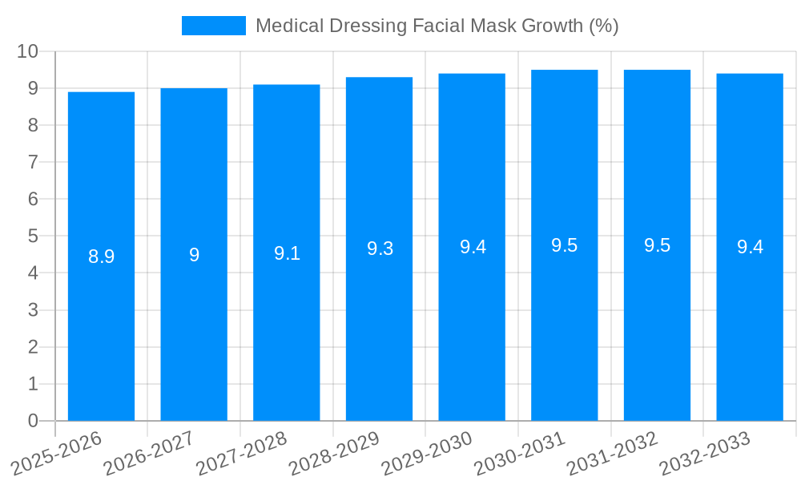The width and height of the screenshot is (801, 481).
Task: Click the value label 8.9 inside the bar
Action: [x=101, y=257]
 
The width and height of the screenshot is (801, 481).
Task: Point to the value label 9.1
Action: [x=287, y=253]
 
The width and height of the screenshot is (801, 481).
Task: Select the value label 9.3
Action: [x=380, y=249]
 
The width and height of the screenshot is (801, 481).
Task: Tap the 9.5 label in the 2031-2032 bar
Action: [x=657, y=245]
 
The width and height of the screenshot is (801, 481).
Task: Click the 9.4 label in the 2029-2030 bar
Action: [x=473, y=247]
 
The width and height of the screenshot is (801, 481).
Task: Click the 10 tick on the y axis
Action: [x=28, y=51]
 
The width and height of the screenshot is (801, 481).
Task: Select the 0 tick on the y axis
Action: [x=33, y=421]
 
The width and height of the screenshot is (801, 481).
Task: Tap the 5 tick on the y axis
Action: [x=33, y=236]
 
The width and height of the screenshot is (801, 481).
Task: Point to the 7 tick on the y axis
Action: [x=33, y=162]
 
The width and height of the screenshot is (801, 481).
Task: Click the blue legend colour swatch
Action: [x=214, y=26]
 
